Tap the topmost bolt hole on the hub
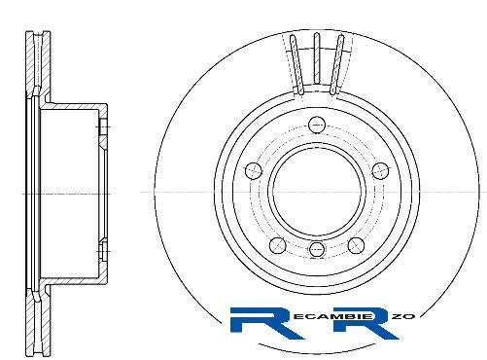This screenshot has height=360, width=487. click(317, 125)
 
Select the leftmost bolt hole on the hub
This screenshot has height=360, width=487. click(254, 170)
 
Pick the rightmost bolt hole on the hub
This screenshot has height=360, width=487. click(380, 170)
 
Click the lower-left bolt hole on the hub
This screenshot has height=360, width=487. click(278, 245)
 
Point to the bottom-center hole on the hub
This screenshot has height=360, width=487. click(317, 249)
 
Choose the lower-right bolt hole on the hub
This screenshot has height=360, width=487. click(356, 245)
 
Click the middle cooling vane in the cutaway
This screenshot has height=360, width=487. click(317, 58)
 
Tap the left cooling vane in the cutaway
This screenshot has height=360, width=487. click(296, 64)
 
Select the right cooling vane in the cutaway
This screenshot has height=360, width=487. click(336, 64)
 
